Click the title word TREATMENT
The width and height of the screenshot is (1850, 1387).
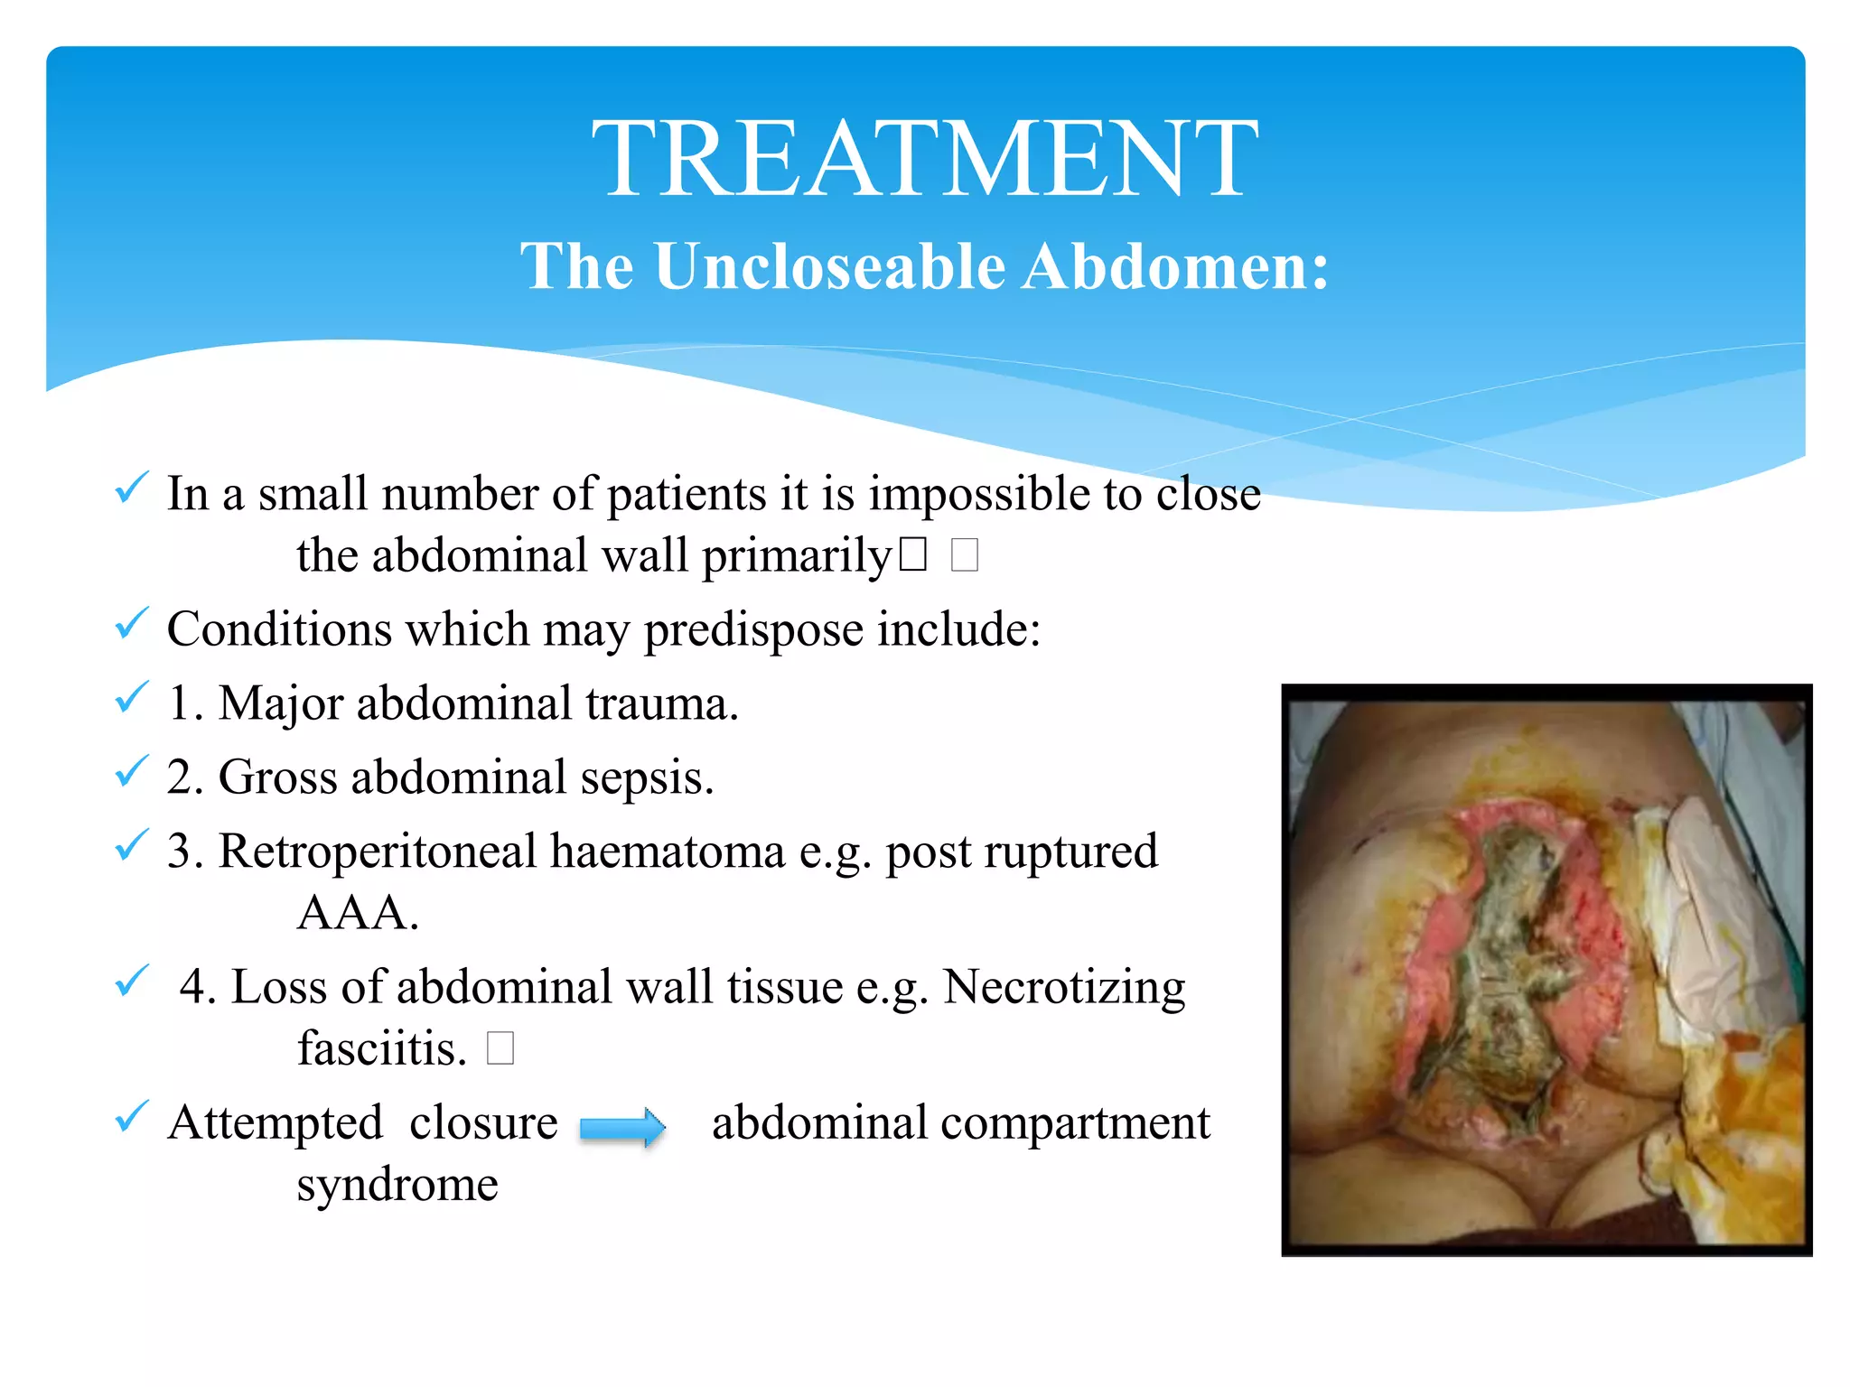pyautogui.click(x=924, y=160)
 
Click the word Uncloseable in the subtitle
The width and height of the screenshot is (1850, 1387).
pyautogui.click(x=829, y=266)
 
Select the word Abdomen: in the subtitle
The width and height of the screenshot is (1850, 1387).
pyautogui.click(x=1175, y=266)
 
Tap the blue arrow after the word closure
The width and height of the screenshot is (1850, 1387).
pyautogui.click(x=622, y=1128)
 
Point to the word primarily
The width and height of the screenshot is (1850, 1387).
pyautogui.click(x=797, y=556)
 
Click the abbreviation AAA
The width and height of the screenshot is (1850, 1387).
pyautogui.click(x=358, y=914)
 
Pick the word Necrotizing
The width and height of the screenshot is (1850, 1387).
pyautogui.click(x=1064, y=988)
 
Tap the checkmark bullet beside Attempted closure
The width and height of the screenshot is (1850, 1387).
pyautogui.click(x=132, y=1118)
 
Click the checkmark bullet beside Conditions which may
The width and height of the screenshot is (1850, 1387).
pyautogui.click(x=132, y=624)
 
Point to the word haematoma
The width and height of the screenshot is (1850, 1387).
pyautogui.click(x=668, y=852)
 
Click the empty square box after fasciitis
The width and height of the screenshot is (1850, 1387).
pyautogui.click(x=500, y=1049)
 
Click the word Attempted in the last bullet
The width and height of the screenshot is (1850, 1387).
pyautogui.click(x=276, y=1123)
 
